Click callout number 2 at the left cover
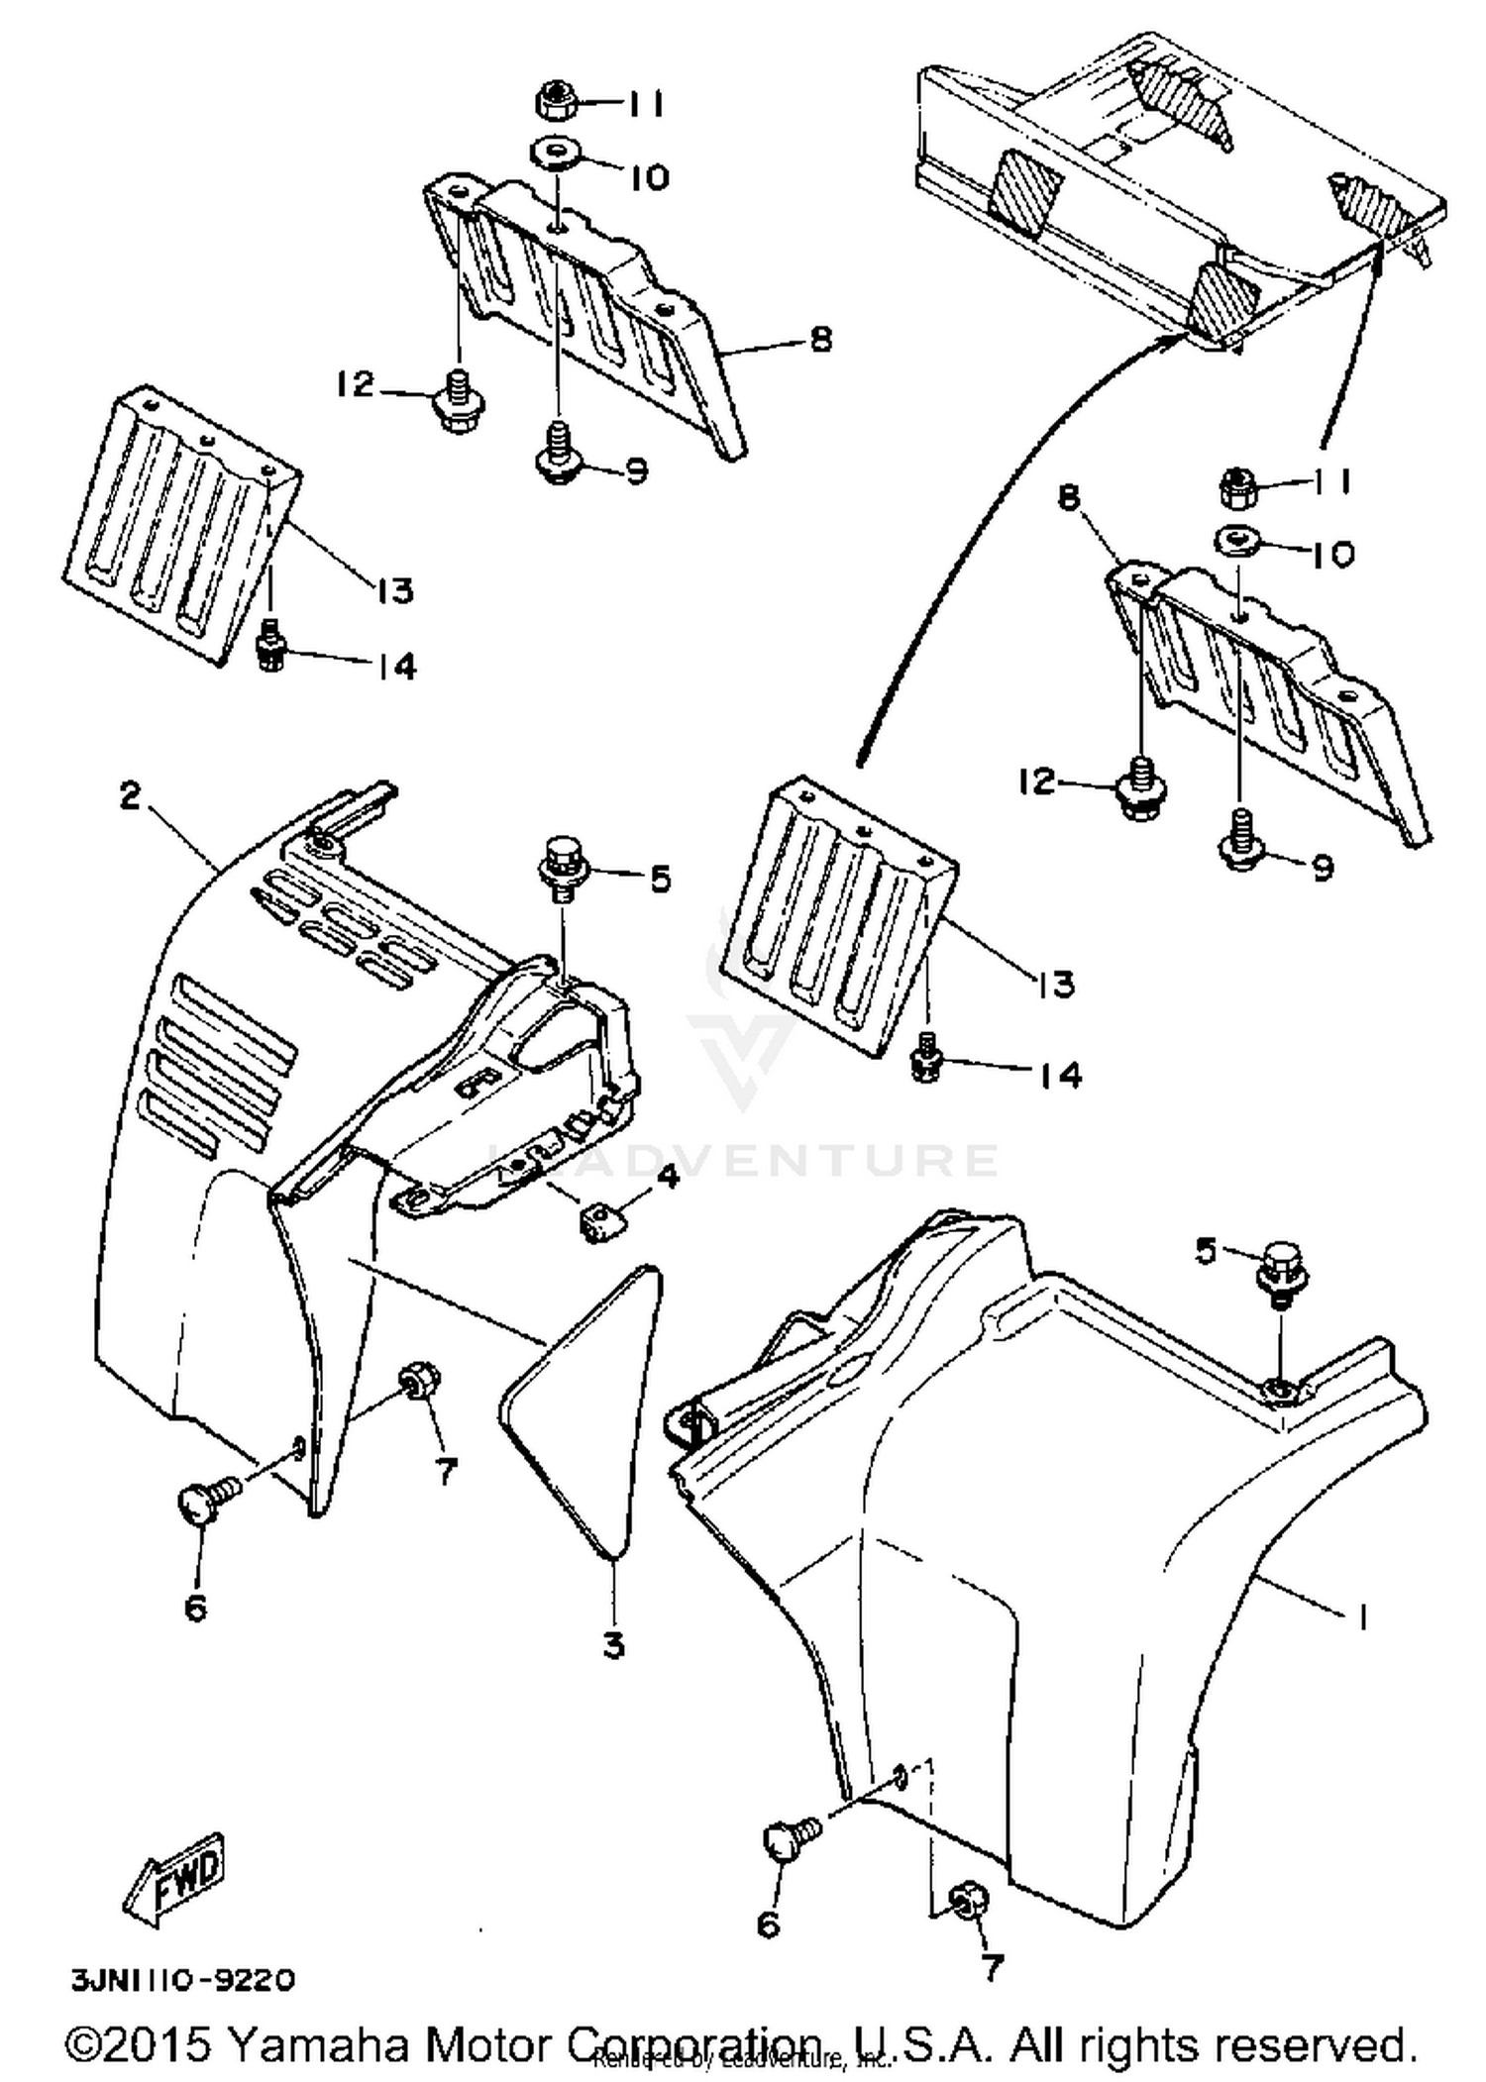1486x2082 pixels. (130, 795)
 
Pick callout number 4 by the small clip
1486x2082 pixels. (668, 1178)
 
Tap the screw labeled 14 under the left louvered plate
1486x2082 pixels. (270, 649)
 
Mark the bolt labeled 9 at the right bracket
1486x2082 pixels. (1240, 843)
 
